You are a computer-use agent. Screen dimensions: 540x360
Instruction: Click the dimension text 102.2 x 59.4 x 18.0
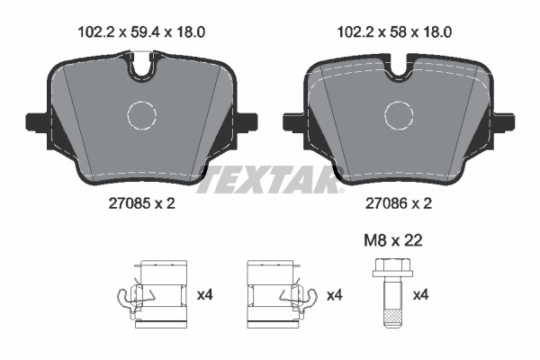(x=141, y=32)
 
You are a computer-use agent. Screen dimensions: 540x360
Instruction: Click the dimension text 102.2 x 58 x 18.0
(x=394, y=32)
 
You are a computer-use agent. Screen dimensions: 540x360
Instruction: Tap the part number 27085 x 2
(x=141, y=203)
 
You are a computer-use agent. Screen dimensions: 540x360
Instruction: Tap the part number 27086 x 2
(x=399, y=203)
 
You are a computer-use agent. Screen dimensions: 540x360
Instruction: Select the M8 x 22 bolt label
(x=393, y=240)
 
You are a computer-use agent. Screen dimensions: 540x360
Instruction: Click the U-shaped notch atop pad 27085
(x=141, y=73)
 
